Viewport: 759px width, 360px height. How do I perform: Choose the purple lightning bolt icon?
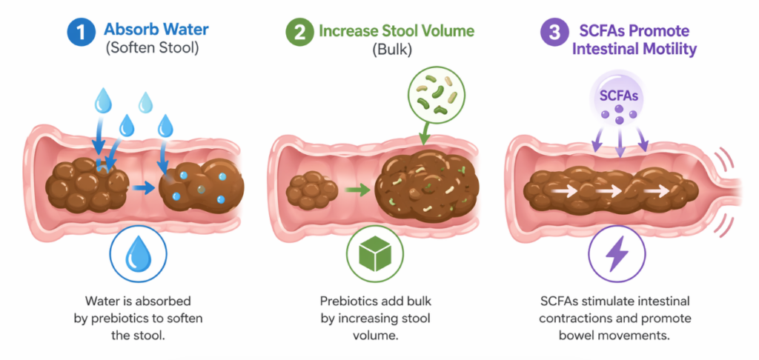coord(617,255)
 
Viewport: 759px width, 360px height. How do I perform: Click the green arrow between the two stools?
coord(357,192)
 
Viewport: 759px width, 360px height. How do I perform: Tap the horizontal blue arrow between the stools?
coord(145,189)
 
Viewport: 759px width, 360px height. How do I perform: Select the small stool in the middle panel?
coord(311,191)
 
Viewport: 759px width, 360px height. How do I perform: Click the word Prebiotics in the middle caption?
coord(348,302)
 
